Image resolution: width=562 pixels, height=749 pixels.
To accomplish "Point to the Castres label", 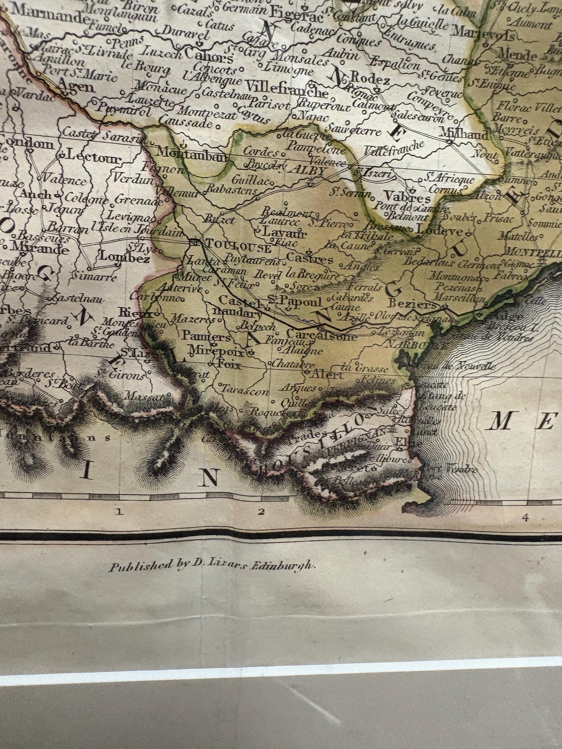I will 310,259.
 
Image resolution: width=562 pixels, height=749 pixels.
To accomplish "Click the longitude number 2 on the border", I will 260,512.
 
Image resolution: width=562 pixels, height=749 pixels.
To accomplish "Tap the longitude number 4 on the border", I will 526,517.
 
